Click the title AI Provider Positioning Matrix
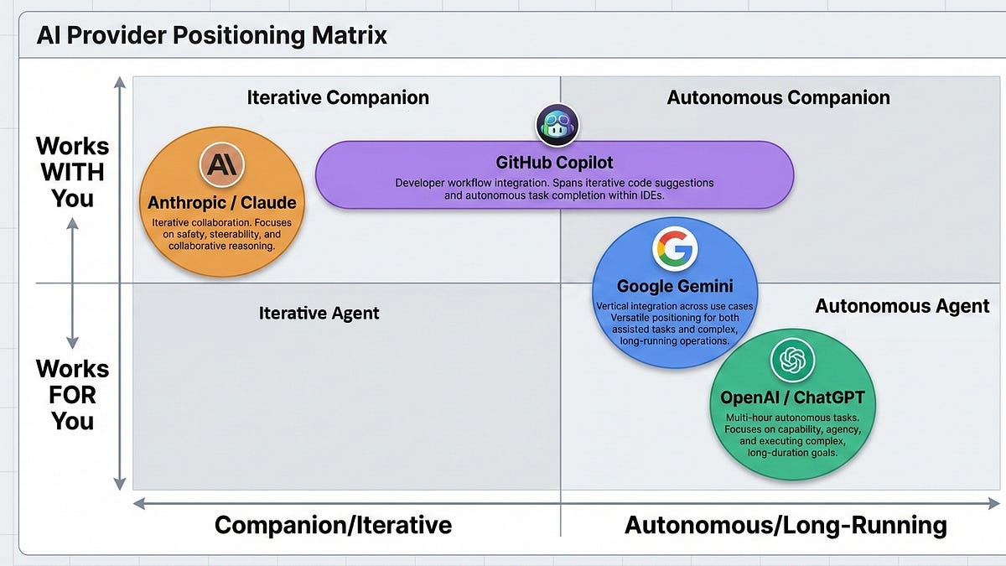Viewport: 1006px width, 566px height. (211, 36)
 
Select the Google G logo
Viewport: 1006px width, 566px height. (675, 250)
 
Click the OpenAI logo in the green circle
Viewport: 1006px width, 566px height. (792, 361)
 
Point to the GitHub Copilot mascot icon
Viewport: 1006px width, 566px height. (557, 126)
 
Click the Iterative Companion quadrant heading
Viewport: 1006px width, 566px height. (338, 97)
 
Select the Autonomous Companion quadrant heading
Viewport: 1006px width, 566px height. (778, 97)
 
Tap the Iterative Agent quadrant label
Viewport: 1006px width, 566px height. (319, 314)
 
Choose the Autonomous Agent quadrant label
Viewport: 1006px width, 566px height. (902, 306)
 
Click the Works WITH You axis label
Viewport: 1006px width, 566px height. (72, 172)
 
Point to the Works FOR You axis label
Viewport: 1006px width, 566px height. (72, 394)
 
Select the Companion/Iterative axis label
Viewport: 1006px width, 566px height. (333, 526)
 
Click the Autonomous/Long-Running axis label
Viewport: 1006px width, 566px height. (786, 526)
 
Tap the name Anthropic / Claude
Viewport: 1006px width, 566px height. (221, 203)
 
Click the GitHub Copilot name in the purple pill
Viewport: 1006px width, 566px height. (554, 163)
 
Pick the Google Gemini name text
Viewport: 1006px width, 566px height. (675, 286)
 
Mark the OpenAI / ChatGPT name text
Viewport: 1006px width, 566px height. (792, 397)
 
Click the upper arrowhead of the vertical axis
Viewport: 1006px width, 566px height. (120, 84)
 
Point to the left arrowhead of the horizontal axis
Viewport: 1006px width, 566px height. (140, 504)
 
